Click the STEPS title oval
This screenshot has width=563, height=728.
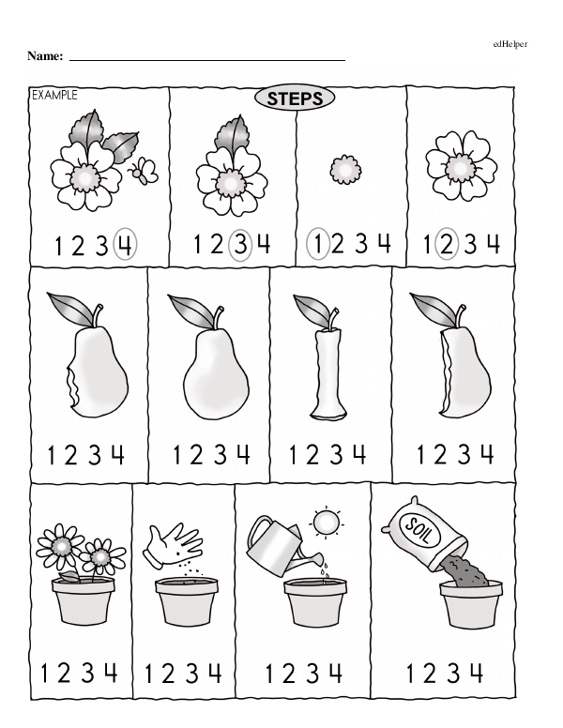[295, 99]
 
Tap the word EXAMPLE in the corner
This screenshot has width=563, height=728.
[54, 95]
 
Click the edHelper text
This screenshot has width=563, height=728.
[510, 44]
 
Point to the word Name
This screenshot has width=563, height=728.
[45, 56]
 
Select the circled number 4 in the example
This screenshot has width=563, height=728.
[125, 244]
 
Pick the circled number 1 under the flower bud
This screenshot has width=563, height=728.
[318, 243]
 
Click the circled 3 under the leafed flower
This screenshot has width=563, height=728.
[240, 244]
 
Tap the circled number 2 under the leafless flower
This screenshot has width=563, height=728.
[446, 243]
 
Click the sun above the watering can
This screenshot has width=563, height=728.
[327, 523]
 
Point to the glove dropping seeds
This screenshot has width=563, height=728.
[174, 545]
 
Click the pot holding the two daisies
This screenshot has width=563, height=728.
[84, 600]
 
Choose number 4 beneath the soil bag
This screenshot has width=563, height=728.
[476, 673]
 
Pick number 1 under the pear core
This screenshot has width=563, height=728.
[293, 454]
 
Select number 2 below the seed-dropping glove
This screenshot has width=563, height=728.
[168, 674]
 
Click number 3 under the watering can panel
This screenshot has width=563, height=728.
[312, 673]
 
